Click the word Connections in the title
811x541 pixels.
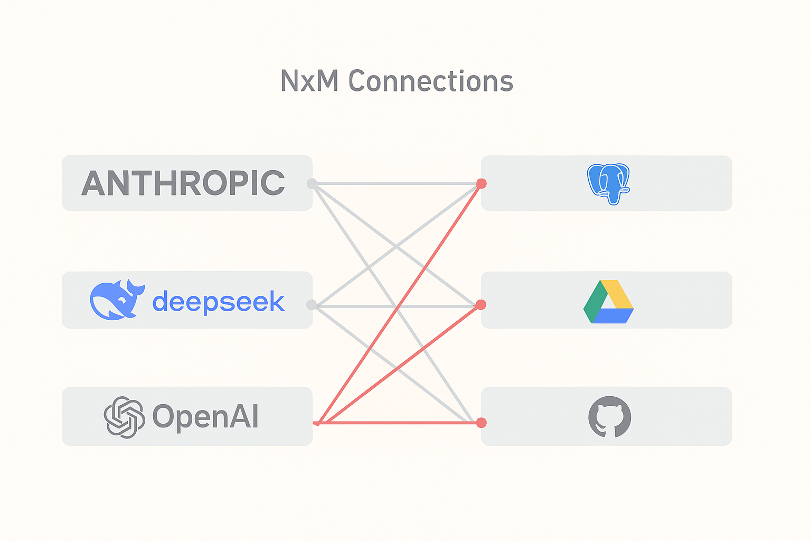click(x=430, y=81)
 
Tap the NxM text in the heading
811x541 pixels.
click(x=309, y=81)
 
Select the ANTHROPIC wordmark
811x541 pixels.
click(x=183, y=183)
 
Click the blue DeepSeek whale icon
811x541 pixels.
click(x=117, y=300)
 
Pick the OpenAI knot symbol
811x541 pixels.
click(x=125, y=417)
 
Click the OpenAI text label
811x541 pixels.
click(x=205, y=417)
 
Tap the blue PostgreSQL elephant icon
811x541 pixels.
click(x=608, y=184)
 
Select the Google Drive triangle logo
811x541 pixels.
click(x=609, y=302)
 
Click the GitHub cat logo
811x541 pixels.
click(x=610, y=417)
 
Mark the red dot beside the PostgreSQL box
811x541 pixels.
click(x=481, y=184)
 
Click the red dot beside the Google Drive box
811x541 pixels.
click(x=481, y=305)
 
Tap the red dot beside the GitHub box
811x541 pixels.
click(x=481, y=423)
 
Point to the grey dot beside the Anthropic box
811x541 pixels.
click(x=312, y=184)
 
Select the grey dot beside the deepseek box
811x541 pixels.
click(x=312, y=305)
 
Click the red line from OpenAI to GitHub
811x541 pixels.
click(x=397, y=423)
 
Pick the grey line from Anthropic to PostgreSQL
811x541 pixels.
click(x=397, y=184)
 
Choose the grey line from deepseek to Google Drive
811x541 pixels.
click(x=397, y=306)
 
